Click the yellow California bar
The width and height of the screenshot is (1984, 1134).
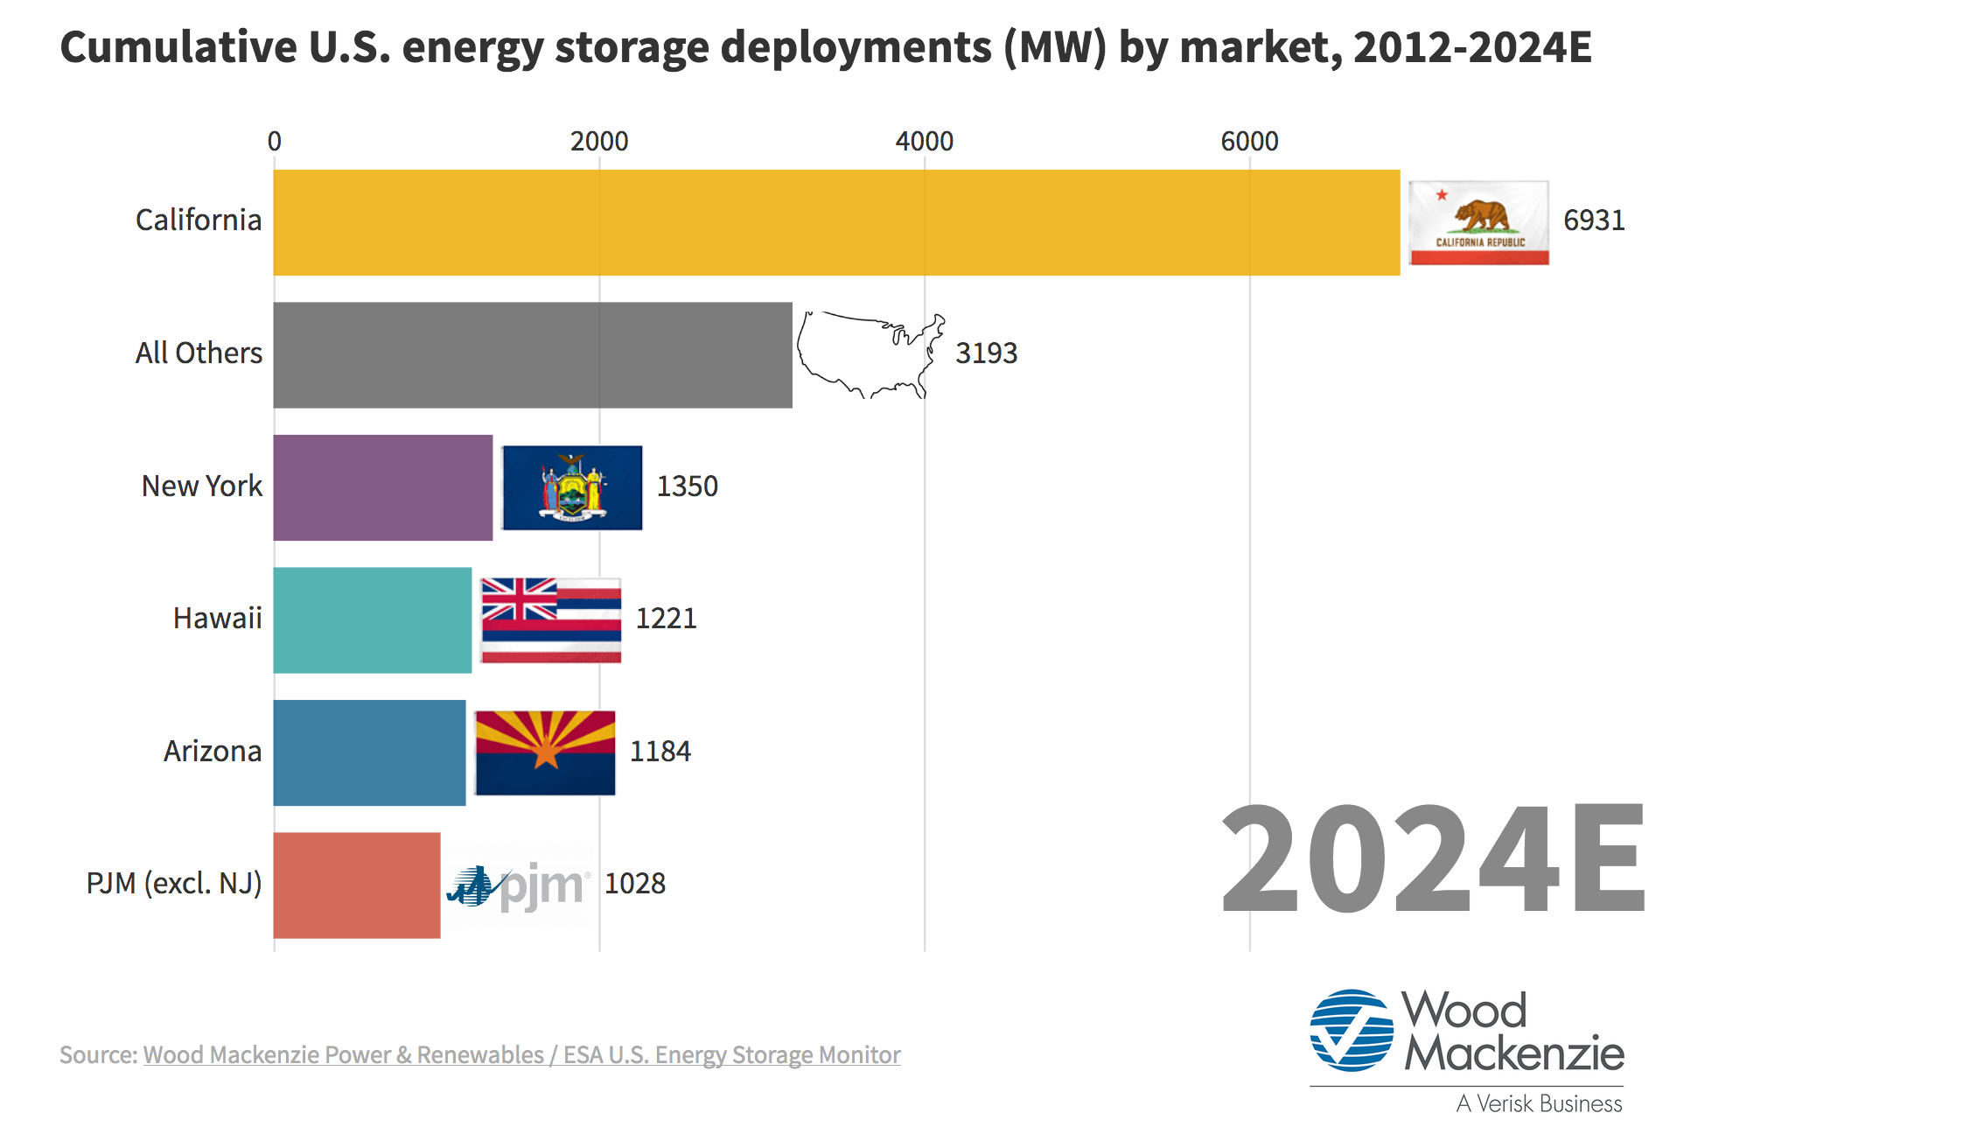(x=835, y=222)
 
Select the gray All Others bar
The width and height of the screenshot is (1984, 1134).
(x=532, y=354)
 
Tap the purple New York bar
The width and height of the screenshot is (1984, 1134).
(x=382, y=487)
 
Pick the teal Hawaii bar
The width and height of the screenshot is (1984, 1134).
(x=372, y=619)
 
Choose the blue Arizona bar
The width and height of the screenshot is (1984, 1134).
(x=369, y=752)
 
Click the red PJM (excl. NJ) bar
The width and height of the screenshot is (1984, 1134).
(x=356, y=885)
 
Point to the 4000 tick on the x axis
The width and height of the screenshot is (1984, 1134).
(x=924, y=141)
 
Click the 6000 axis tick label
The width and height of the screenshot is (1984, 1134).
(x=1249, y=141)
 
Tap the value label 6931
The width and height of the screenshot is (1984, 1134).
(x=1594, y=220)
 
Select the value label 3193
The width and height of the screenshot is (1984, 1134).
(x=986, y=353)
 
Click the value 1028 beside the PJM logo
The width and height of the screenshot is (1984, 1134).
(x=635, y=884)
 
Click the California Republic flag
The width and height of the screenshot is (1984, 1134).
(x=1478, y=222)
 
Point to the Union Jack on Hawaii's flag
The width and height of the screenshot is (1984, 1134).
(x=519, y=599)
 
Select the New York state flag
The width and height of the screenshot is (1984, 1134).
(x=572, y=487)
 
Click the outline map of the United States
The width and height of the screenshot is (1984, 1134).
(x=870, y=354)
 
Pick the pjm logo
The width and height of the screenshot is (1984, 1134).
(x=518, y=885)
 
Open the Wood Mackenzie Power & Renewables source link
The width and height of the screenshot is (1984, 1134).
(x=521, y=1054)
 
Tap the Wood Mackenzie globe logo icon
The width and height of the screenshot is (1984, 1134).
(x=1352, y=1031)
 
